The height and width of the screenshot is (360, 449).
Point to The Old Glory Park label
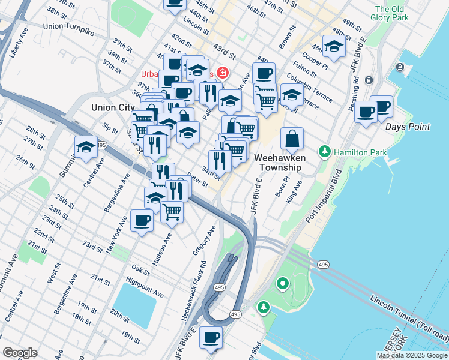click(391, 13)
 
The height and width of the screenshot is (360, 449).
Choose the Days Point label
click(408, 127)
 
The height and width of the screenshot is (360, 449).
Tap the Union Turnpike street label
click(69, 26)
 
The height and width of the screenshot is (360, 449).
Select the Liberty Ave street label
click(19, 42)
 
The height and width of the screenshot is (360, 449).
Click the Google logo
click(20, 353)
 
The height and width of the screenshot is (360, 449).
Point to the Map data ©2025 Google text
click(412, 355)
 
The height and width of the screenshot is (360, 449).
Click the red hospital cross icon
click(222, 73)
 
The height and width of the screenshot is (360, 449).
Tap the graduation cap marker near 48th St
click(334, 46)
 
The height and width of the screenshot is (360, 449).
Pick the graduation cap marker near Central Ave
click(86, 146)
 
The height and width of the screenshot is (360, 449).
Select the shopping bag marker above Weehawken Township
click(292, 138)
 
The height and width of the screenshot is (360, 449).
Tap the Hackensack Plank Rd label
click(194, 290)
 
